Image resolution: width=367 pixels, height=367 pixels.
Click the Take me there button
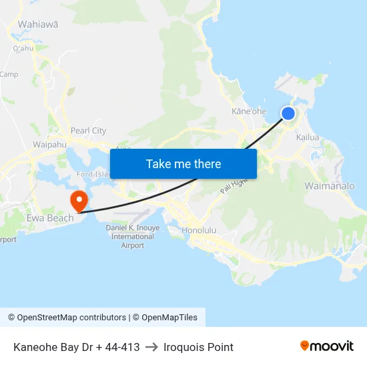tap(183, 163)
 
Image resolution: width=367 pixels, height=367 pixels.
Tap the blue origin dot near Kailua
tap(288, 113)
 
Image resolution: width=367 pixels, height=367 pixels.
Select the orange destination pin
tap(79, 200)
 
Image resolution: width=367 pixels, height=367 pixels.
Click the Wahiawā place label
tap(37, 24)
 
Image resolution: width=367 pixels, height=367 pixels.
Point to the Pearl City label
tap(88, 130)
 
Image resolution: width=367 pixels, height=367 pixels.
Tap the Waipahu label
tap(49, 144)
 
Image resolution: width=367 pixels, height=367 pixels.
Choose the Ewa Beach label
tap(50, 218)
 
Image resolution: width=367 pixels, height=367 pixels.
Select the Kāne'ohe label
tap(249, 111)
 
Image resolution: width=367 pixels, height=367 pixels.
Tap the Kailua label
tap(308, 137)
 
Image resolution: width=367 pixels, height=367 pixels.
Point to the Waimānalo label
tap(330, 186)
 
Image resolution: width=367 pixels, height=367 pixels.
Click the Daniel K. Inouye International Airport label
tap(133, 236)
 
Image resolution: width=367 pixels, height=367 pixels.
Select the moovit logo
tap(327, 346)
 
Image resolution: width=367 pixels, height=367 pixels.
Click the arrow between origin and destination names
tap(151, 347)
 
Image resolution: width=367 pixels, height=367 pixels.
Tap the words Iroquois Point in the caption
tap(198, 347)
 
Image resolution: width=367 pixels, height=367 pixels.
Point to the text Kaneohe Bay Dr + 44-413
tap(76, 347)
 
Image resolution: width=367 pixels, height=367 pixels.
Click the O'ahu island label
tap(23, 48)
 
